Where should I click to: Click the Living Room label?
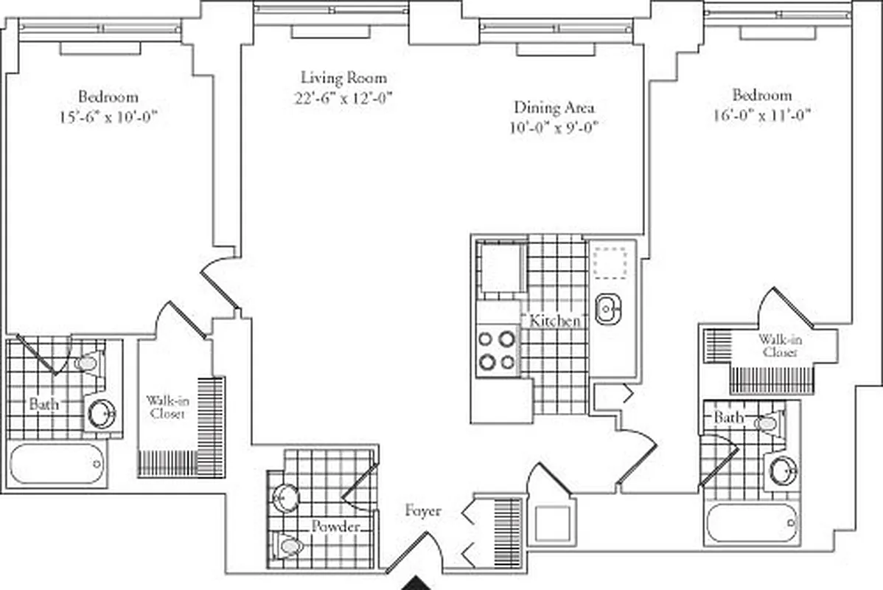tap(343, 77)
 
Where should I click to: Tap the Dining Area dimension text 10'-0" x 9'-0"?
tap(553, 127)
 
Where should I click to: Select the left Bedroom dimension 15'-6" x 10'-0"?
tap(108, 116)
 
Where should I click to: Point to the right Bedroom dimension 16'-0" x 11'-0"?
tap(761, 114)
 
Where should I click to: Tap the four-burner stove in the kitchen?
tap(496, 350)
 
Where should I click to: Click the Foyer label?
tap(423, 510)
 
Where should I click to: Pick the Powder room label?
tap(335, 527)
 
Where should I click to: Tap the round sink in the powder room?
tap(283, 499)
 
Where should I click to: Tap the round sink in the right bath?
tap(782, 471)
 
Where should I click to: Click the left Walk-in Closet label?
tap(167, 407)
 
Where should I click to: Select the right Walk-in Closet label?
tap(780, 346)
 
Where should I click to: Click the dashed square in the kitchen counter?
tap(611, 261)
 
